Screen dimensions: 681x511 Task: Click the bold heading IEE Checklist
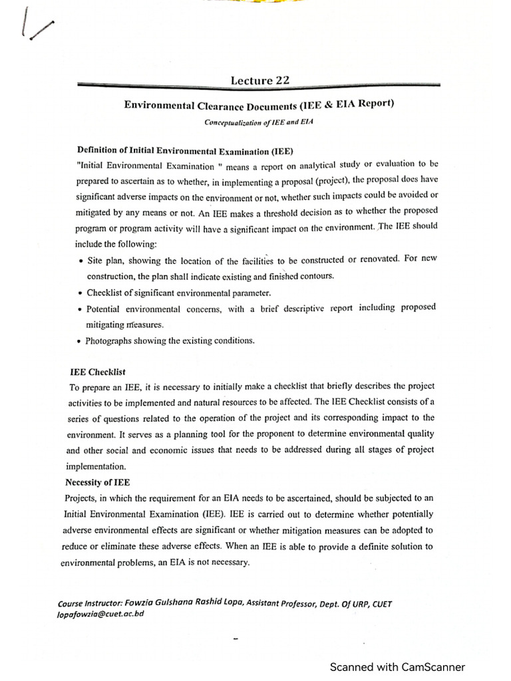(x=98, y=372)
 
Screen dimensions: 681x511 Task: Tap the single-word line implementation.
(x=96, y=466)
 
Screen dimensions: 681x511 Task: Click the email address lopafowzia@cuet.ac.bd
(x=101, y=614)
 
